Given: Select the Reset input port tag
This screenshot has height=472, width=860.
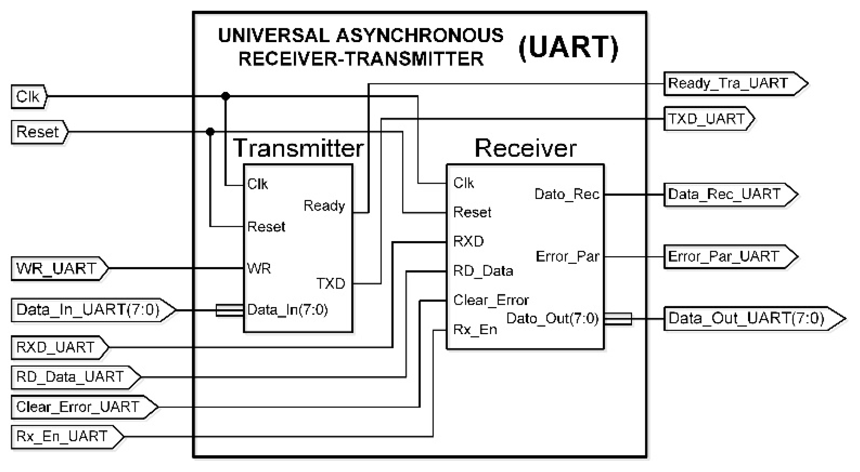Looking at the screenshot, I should coord(39,132).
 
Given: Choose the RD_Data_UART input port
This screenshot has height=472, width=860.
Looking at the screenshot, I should coord(74,377).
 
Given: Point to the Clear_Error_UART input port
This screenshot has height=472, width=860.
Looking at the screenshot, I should coord(82,407).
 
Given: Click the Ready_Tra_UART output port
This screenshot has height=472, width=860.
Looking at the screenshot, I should coord(733,84).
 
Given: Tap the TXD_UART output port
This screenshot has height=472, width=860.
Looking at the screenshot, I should coord(708,119).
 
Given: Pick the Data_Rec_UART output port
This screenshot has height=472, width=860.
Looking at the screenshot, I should coord(727,195).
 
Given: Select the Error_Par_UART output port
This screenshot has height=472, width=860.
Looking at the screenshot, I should coord(727,257).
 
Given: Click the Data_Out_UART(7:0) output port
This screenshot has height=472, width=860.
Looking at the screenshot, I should coord(750,319).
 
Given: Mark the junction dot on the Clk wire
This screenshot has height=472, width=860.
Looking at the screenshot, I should coord(226,96).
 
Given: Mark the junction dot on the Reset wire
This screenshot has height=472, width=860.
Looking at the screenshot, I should coord(210,132).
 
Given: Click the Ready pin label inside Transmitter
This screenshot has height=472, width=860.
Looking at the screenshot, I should coord(324,206).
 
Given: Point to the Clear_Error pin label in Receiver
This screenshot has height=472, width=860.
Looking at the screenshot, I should coord(491,300).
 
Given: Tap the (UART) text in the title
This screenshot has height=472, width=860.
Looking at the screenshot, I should coord(568,48).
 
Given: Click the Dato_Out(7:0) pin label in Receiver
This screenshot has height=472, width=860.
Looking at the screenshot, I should coord(552,319).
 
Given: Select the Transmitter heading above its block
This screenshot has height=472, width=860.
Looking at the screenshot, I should coord(298,148).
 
